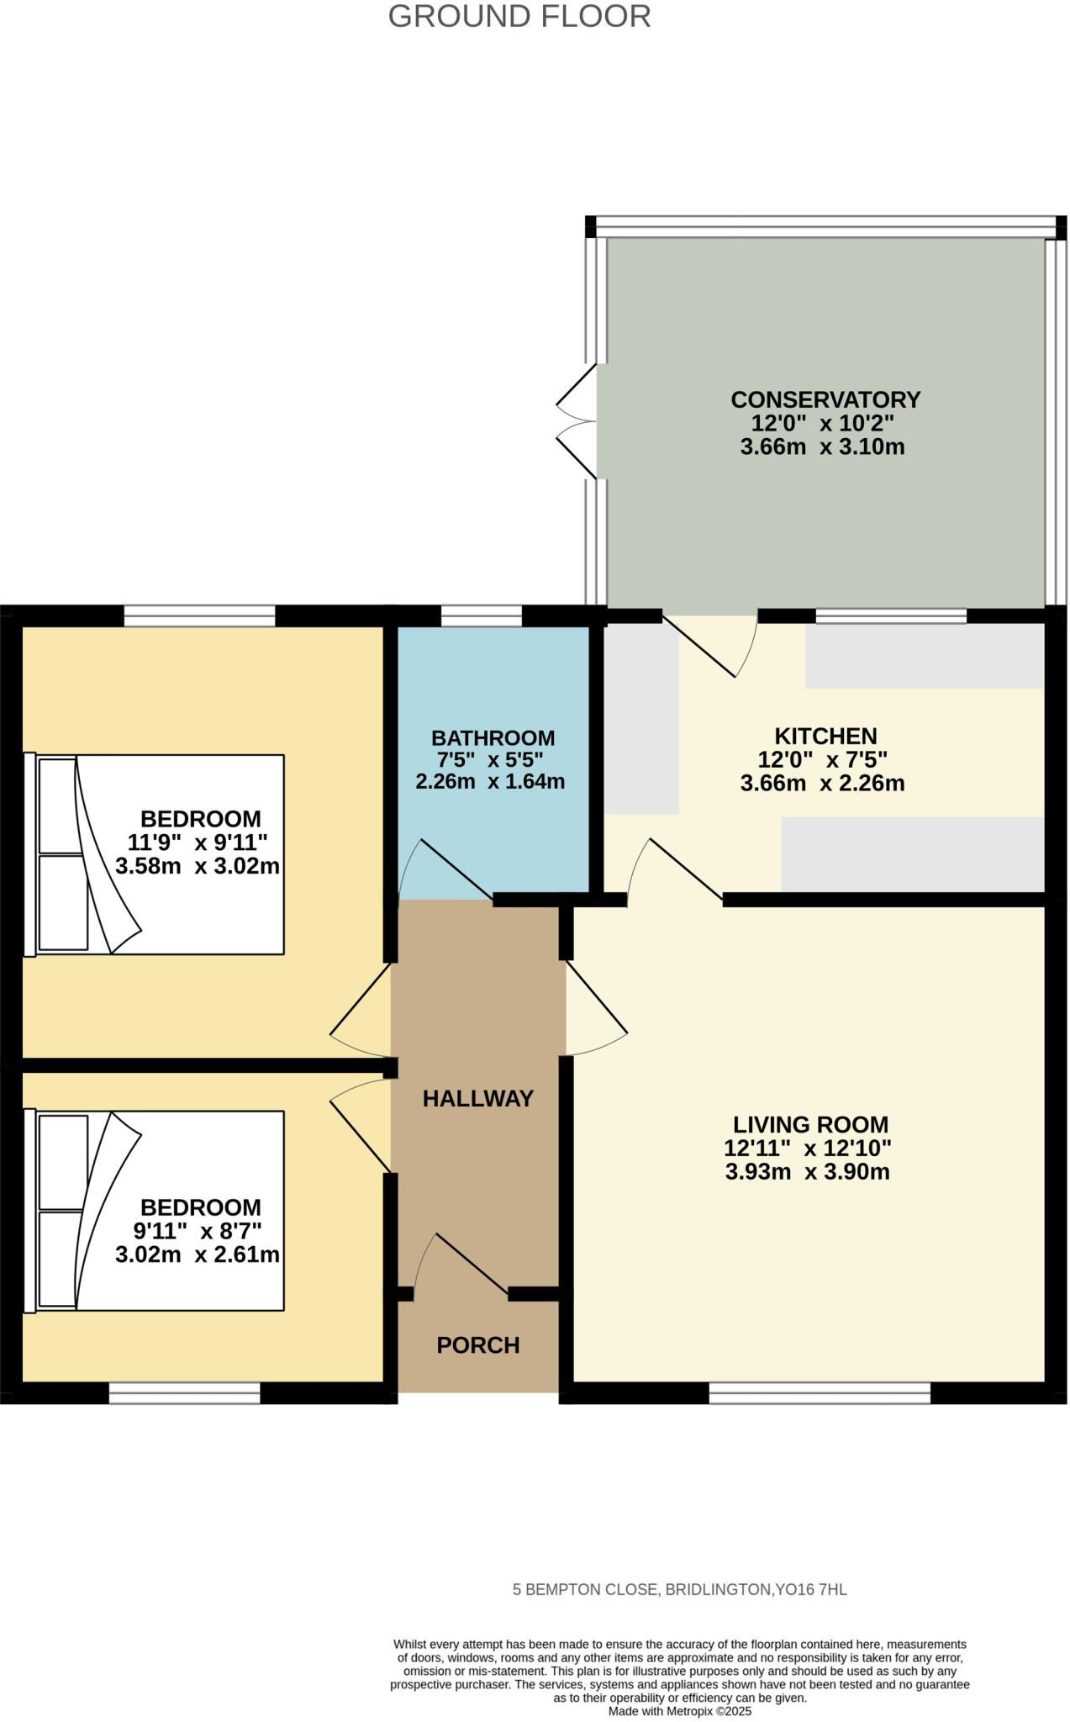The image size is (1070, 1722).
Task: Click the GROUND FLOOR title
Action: tap(519, 17)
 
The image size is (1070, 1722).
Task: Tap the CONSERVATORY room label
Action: tap(825, 399)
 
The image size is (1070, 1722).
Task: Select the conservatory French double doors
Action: tap(577, 421)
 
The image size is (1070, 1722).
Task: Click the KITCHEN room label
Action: tap(825, 737)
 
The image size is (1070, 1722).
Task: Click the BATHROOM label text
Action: tap(493, 738)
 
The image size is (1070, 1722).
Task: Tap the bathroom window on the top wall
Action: tap(481, 616)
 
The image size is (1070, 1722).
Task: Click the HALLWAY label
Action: tap(477, 1098)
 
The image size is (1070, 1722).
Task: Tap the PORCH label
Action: tap(477, 1345)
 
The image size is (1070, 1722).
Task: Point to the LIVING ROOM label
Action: tap(810, 1124)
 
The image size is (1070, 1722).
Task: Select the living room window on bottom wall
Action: tap(820, 1393)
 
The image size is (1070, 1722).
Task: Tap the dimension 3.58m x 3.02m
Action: tap(198, 866)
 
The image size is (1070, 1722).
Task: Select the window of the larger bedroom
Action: tap(199, 616)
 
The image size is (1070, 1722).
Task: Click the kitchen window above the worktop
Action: tap(891, 616)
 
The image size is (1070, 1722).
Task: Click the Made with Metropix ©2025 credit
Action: tap(679, 1711)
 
